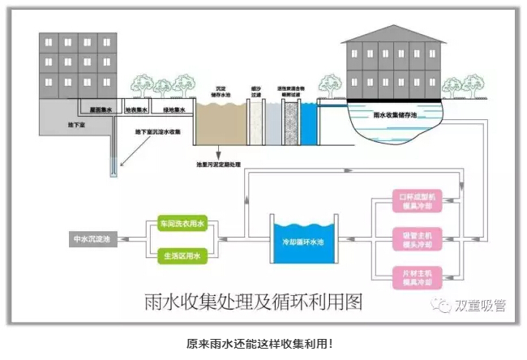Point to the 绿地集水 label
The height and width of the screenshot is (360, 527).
tap(174, 111)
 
